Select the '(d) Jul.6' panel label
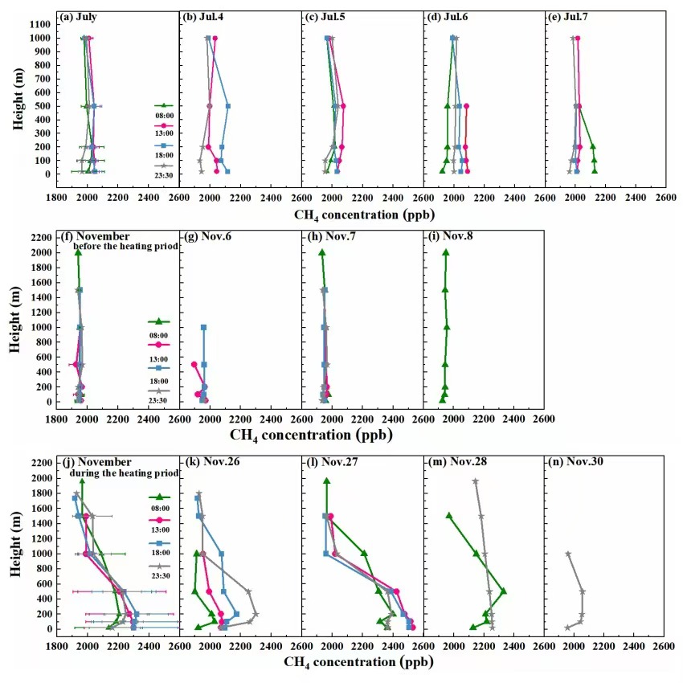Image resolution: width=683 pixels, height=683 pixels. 448,15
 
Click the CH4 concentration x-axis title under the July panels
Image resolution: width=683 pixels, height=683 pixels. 360,214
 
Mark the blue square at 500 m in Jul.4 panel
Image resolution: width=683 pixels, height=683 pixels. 228,106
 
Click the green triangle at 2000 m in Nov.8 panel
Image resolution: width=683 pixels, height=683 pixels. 445,252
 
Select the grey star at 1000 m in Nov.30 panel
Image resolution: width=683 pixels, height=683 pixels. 568,554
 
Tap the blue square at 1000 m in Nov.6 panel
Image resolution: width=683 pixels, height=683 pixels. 203,327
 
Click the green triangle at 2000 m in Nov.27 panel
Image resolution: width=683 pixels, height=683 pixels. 326,481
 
